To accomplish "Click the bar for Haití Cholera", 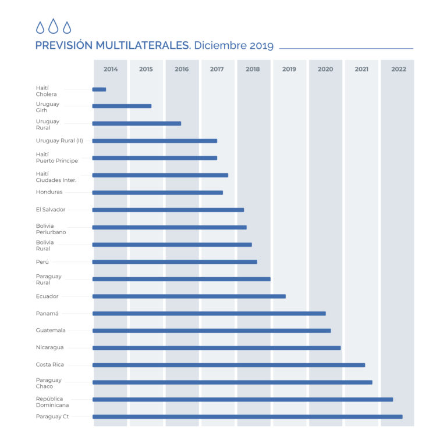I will [x=99, y=89].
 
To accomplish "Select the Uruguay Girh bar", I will [x=122, y=106].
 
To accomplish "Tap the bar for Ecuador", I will [x=189, y=296].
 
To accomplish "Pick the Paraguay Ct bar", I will [x=247, y=417].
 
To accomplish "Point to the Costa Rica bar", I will [x=228, y=365].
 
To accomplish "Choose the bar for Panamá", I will [x=208, y=314].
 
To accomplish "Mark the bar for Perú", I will [x=175, y=262].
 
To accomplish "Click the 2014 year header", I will [x=111, y=69].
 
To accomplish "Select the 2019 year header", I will [x=289, y=69].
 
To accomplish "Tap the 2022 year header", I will [x=399, y=69].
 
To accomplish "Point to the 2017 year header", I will [x=217, y=69].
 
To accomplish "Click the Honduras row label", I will [x=49, y=192].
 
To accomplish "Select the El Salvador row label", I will [x=51, y=210].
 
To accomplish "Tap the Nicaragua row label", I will [x=50, y=347].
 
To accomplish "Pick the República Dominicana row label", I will [x=49, y=402].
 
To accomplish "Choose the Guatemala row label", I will [x=51, y=331].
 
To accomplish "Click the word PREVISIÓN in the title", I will [x=70, y=46].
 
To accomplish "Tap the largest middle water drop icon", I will [x=53, y=26].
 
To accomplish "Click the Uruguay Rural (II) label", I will [x=59, y=141].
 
